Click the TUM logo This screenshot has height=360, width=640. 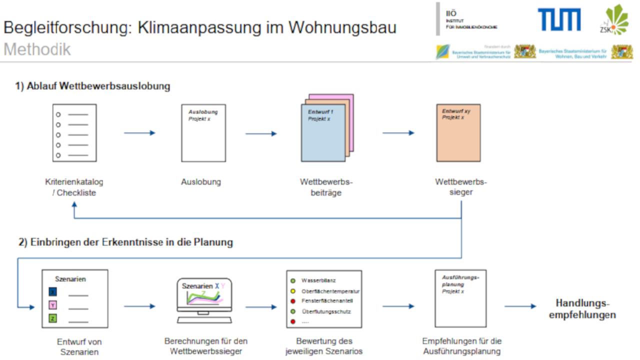pos(559,19)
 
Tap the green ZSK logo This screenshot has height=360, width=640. pos(614,19)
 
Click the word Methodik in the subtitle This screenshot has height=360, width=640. pos(37,49)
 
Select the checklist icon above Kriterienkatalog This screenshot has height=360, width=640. pos(74,133)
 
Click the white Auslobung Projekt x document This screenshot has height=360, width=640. pos(203,133)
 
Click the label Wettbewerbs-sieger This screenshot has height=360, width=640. pos(460,186)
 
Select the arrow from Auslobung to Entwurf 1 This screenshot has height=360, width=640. pos(261,133)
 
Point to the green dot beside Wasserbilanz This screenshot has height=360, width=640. pos(293,281)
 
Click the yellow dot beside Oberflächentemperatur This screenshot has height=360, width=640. pos(293,291)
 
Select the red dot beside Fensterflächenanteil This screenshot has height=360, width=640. pos(293,301)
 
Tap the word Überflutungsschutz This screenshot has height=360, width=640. pos(326,311)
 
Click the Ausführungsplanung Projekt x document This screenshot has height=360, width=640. pos(460,298)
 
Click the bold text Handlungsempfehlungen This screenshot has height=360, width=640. pos(582,309)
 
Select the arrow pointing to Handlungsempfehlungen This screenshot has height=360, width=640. pos(520,306)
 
